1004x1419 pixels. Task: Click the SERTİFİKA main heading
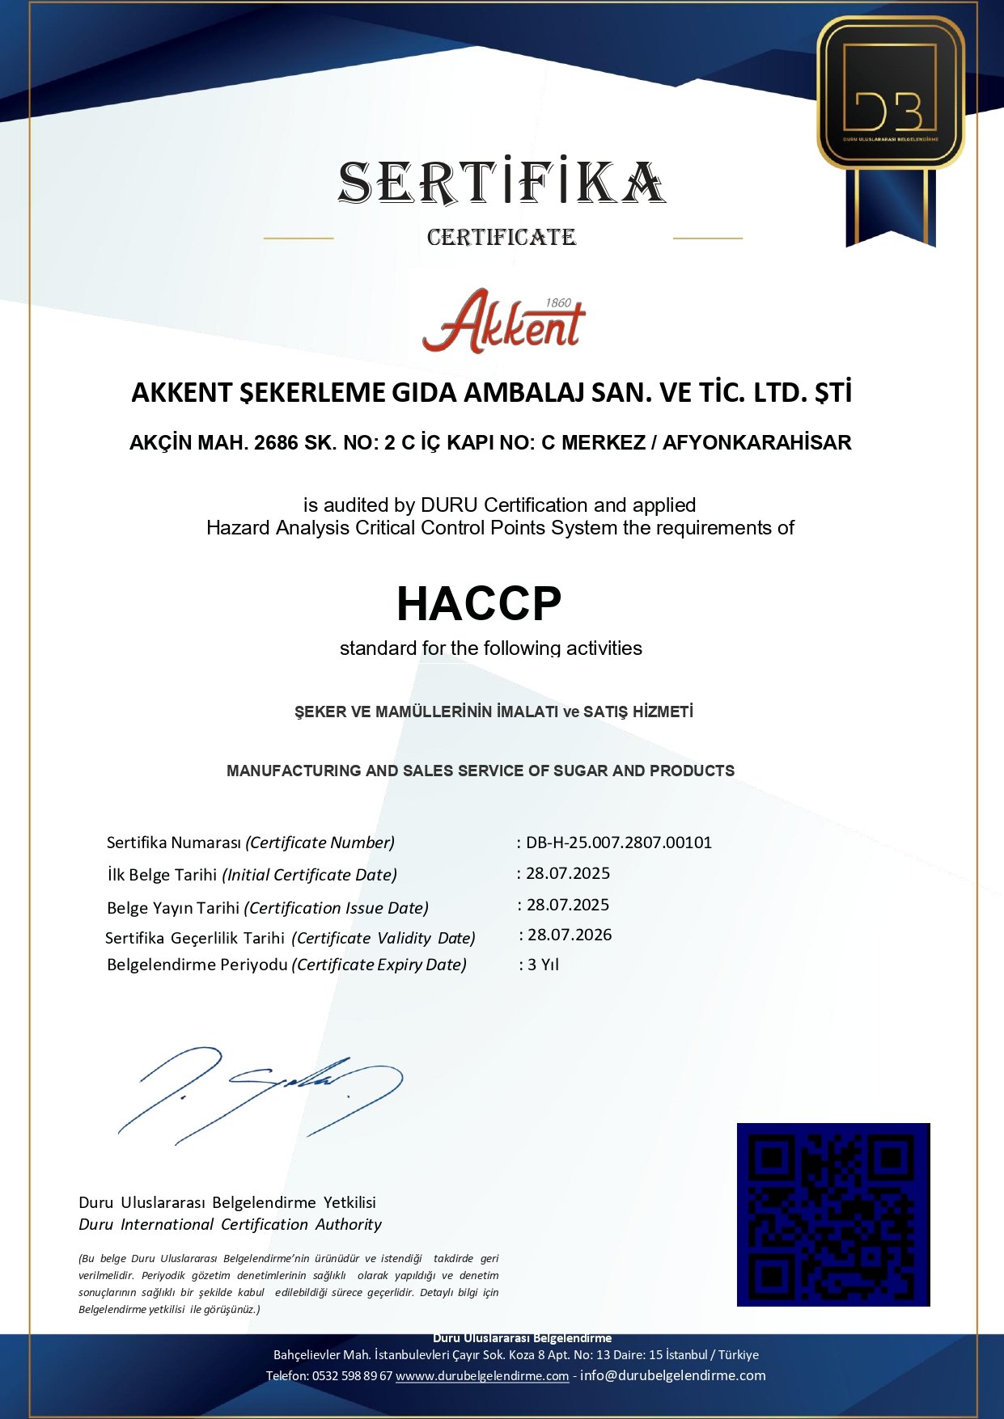502,183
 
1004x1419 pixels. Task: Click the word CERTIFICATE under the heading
502,237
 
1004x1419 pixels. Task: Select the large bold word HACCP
479,603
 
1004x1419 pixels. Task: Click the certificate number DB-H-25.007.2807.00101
619,843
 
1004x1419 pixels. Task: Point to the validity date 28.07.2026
570,935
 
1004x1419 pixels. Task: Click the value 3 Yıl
543,965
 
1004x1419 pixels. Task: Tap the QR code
833,1214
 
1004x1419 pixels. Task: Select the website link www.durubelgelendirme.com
482,1376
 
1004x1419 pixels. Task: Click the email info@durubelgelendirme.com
673,1375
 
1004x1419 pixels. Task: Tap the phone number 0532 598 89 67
352,1376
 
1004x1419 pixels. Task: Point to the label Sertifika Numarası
174,843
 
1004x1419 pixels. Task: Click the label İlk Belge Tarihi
162,875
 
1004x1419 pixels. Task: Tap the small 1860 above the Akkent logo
558,302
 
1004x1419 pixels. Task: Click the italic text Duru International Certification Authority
230,1224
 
